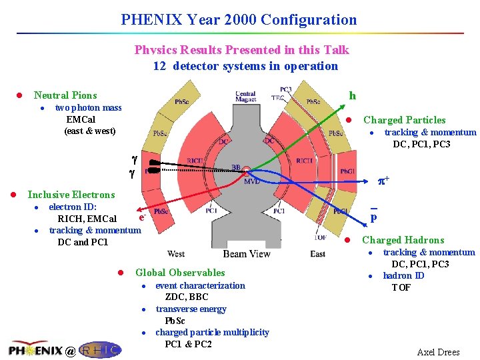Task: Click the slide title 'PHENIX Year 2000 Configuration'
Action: [239, 20]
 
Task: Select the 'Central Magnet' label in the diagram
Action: [245, 97]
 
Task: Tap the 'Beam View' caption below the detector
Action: [247, 254]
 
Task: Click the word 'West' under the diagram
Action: [176, 254]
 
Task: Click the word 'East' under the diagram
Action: [318, 254]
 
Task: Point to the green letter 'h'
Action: [352, 95]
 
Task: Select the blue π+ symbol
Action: [384, 181]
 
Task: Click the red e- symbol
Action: [142, 217]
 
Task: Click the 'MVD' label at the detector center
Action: [251, 181]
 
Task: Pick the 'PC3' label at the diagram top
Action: [285, 89]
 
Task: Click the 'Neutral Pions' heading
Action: [65, 95]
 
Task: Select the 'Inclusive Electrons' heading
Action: [71, 195]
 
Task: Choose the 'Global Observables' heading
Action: [180, 272]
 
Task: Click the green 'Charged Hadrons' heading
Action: [403, 240]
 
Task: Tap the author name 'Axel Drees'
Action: [438, 352]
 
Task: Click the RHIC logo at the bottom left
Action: [100, 349]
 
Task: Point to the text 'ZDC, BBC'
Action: [187, 297]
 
